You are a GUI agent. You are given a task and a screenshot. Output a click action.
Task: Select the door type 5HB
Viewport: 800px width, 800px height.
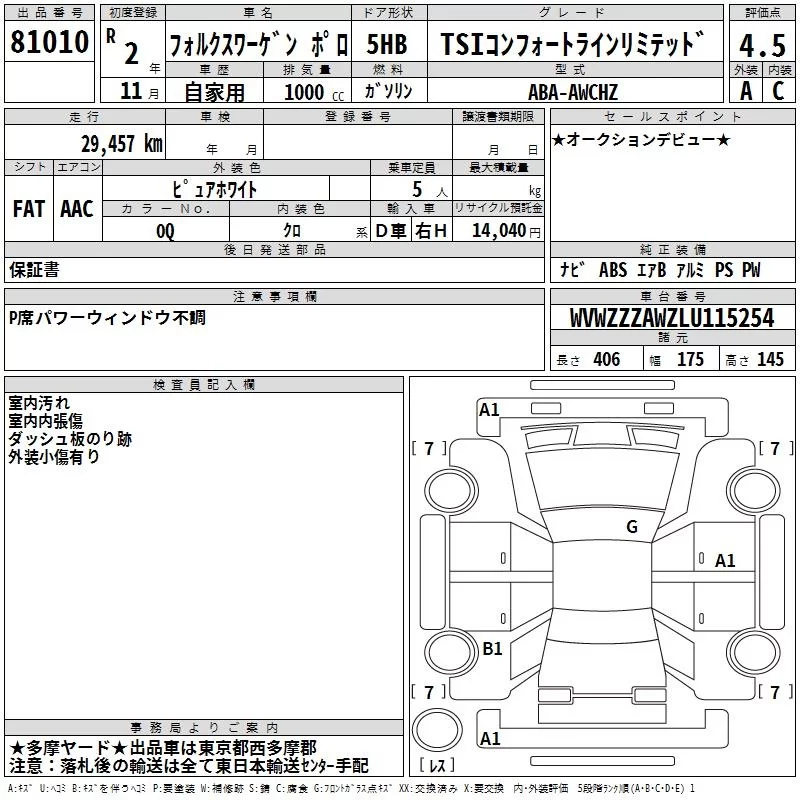[x=387, y=45]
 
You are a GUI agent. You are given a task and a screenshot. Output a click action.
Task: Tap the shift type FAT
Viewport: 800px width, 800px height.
[x=29, y=209]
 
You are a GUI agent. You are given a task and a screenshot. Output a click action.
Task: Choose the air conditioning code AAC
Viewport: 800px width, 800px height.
[x=77, y=209]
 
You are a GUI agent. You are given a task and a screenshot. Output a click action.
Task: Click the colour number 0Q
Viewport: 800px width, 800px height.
[x=165, y=231]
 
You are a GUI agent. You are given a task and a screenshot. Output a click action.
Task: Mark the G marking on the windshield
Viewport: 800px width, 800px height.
[x=631, y=527]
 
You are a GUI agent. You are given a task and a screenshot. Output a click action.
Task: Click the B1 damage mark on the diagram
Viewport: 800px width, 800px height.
[x=492, y=649]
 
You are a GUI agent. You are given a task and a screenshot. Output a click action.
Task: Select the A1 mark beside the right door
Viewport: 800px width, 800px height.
[x=725, y=561]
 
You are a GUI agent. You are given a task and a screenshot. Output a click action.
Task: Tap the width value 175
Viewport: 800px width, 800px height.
[x=691, y=360]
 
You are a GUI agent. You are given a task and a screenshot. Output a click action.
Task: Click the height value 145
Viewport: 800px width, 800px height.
[x=770, y=360]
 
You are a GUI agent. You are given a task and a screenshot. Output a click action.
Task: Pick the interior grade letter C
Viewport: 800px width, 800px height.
[x=778, y=91]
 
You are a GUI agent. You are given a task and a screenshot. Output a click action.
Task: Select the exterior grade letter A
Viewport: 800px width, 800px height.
[x=745, y=91]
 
